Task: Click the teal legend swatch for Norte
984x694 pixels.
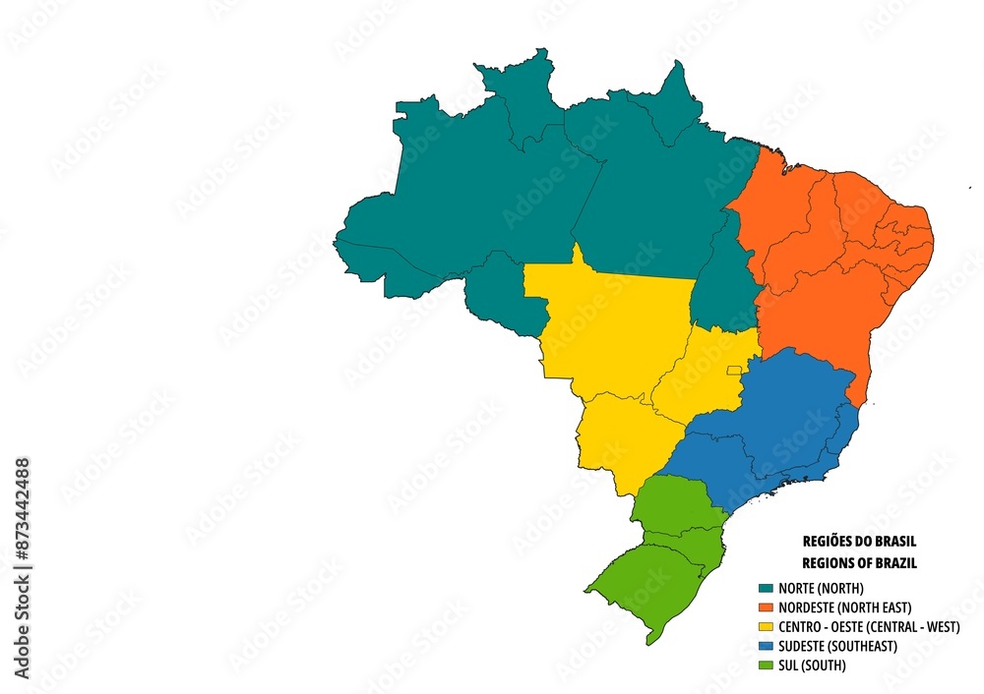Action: coord(766,588)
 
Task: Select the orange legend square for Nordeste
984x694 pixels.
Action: coord(766,607)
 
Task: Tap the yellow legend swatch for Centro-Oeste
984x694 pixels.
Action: coord(766,627)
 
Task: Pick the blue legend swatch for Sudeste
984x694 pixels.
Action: coord(766,646)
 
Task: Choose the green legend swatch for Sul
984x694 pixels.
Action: coord(766,665)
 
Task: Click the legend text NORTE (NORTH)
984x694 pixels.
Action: coord(821,588)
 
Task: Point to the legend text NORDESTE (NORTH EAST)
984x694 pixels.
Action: coord(844,607)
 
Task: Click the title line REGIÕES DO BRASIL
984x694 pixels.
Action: coord(859,542)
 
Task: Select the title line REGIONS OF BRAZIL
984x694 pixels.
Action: coord(859,563)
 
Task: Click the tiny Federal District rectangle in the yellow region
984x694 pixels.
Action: coord(733,371)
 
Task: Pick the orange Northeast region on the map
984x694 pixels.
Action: coord(827,265)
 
